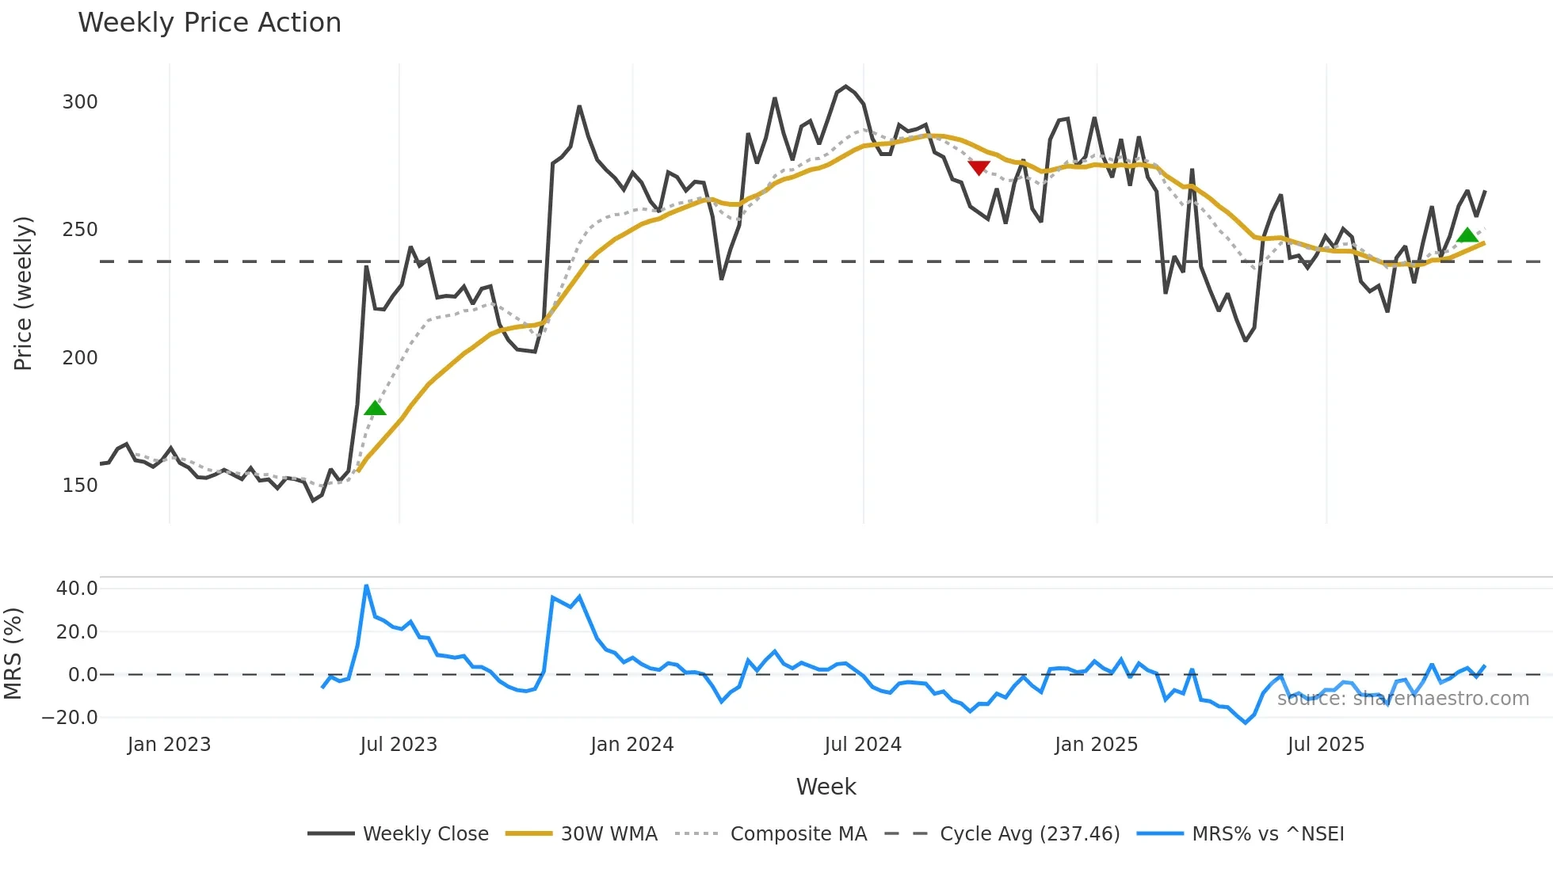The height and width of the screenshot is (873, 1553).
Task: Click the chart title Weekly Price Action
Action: point(209,23)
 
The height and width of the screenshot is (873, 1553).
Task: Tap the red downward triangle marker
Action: point(979,167)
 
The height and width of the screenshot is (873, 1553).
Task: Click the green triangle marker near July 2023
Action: point(375,409)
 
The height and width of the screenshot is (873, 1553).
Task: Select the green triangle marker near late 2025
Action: point(1467,235)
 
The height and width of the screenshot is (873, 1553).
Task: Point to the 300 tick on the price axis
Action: point(80,102)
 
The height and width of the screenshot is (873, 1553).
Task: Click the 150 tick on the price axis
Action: point(80,486)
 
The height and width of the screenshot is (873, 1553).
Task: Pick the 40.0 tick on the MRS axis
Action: point(77,589)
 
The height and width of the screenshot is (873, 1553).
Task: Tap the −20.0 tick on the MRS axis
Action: point(71,718)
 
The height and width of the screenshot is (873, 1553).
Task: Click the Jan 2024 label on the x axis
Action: point(632,745)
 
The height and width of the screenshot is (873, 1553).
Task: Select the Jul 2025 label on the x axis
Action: point(1326,745)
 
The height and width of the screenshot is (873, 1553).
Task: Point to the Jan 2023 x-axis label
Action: point(169,745)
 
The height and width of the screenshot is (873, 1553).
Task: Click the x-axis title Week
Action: point(826,787)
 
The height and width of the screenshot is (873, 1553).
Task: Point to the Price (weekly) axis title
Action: point(23,293)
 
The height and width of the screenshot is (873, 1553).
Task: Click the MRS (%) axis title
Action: point(13,654)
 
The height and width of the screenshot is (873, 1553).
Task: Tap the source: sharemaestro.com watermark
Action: point(1402,699)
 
